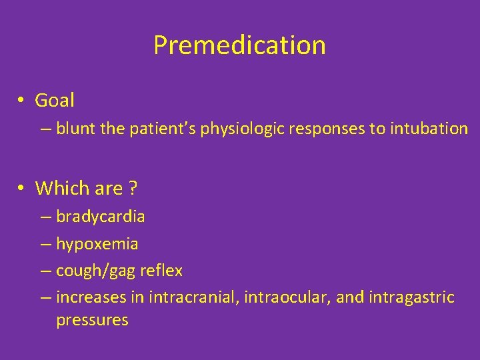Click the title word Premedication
coord(239,45)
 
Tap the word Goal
coord(55,101)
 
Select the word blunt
coord(76,129)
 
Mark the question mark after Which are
coord(133,188)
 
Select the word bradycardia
coord(101,217)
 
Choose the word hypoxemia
coord(97,244)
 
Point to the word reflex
coord(163,271)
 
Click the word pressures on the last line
coord(92,320)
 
